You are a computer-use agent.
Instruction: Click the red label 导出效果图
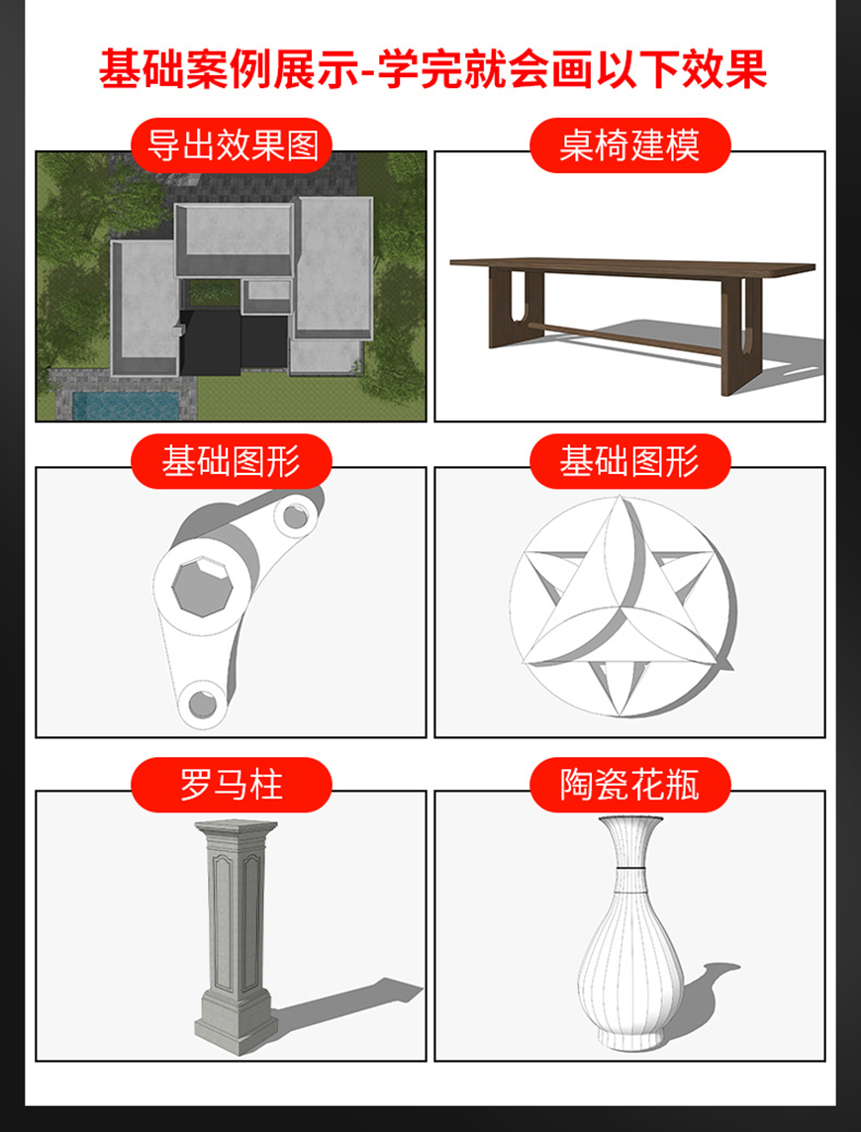[232, 145]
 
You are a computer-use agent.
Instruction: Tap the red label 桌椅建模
[629, 145]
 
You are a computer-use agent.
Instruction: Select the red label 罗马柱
[232, 785]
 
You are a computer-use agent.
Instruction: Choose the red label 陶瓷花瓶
[629, 785]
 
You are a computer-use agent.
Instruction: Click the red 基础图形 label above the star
[629, 461]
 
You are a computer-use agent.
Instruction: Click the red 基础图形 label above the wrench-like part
[232, 461]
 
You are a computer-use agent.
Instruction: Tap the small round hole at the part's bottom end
[202, 704]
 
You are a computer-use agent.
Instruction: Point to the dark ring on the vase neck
[628, 864]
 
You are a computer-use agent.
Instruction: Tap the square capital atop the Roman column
[236, 831]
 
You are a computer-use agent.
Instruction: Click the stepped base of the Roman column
[237, 1021]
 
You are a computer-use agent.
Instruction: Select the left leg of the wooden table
[515, 307]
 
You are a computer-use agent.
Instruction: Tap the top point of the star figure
[619, 498]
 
